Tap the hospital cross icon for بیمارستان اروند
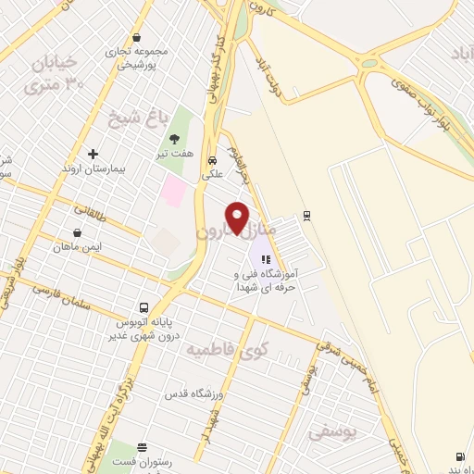(x=93, y=154)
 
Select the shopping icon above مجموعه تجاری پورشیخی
(x=137, y=38)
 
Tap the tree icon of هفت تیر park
(x=174, y=140)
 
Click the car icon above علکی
(x=212, y=158)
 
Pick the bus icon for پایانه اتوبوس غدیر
(x=143, y=306)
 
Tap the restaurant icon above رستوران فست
(x=142, y=446)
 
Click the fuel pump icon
(x=460, y=455)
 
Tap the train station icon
(x=307, y=216)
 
